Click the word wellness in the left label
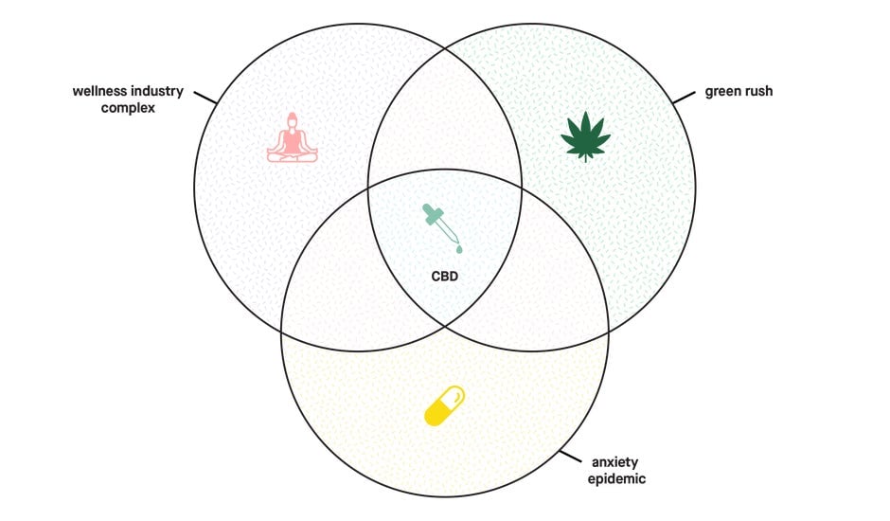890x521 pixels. pos(101,91)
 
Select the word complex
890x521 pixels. pos(128,108)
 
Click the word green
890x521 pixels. pos(721,92)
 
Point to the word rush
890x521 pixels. pos(756,91)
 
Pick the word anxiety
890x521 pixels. pos(615,462)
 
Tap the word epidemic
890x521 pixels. pos(616,479)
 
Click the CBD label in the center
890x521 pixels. pos(444,277)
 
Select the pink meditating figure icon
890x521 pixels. pos(293,138)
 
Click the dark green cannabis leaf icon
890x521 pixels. pos(585,136)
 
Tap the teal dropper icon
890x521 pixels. pos(442,228)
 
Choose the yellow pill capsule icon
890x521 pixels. pos(445,405)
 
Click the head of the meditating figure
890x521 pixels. pos(293,119)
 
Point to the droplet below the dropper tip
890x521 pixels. pos(458,248)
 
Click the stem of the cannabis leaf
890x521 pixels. pos(585,158)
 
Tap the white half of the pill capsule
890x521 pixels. pos(454,395)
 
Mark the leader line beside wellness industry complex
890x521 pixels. pos(205,98)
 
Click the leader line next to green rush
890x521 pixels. pos(684,98)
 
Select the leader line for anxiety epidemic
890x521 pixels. pos(570,457)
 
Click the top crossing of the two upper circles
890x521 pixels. pos(446,50)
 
